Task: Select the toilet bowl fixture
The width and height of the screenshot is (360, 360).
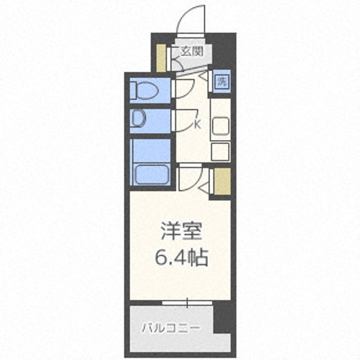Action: (x=147, y=90)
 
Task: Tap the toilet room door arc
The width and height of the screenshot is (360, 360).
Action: (x=183, y=88)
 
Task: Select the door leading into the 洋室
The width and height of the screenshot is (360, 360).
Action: (x=191, y=175)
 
